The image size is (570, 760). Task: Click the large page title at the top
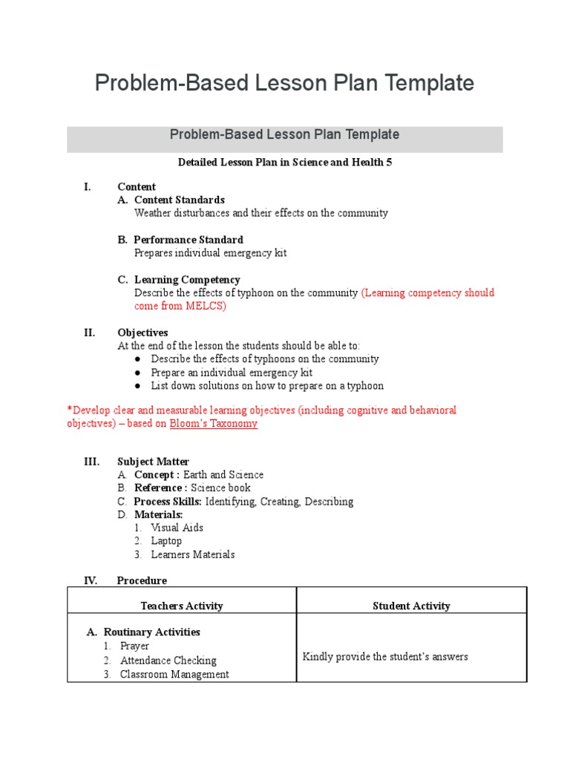click(284, 83)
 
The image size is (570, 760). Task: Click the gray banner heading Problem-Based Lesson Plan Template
click(284, 135)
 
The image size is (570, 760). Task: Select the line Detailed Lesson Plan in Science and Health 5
click(285, 163)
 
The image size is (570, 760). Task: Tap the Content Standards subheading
click(179, 200)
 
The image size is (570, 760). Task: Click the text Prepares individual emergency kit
click(210, 253)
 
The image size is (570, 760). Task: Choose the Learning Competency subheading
click(186, 280)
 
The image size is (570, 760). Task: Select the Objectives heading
click(142, 332)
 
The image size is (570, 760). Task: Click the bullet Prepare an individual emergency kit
click(232, 373)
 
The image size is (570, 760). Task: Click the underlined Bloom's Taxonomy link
click(214, 424)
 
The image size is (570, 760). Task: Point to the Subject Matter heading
click(153, 462)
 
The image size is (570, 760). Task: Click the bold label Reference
click(160, 488)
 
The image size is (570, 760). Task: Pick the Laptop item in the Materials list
click(166, 541)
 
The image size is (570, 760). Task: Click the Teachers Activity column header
click(182, 606)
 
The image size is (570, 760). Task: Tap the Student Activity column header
click(411, 606)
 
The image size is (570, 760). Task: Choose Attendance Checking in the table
click(168, 661)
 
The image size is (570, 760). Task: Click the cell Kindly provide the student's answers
click(385, 657)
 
